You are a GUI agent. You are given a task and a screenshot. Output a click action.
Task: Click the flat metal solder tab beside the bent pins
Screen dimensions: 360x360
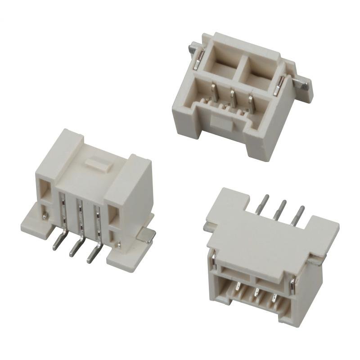tap(147, 234)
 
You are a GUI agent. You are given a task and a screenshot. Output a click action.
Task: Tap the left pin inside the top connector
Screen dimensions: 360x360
tap(214, 93)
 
